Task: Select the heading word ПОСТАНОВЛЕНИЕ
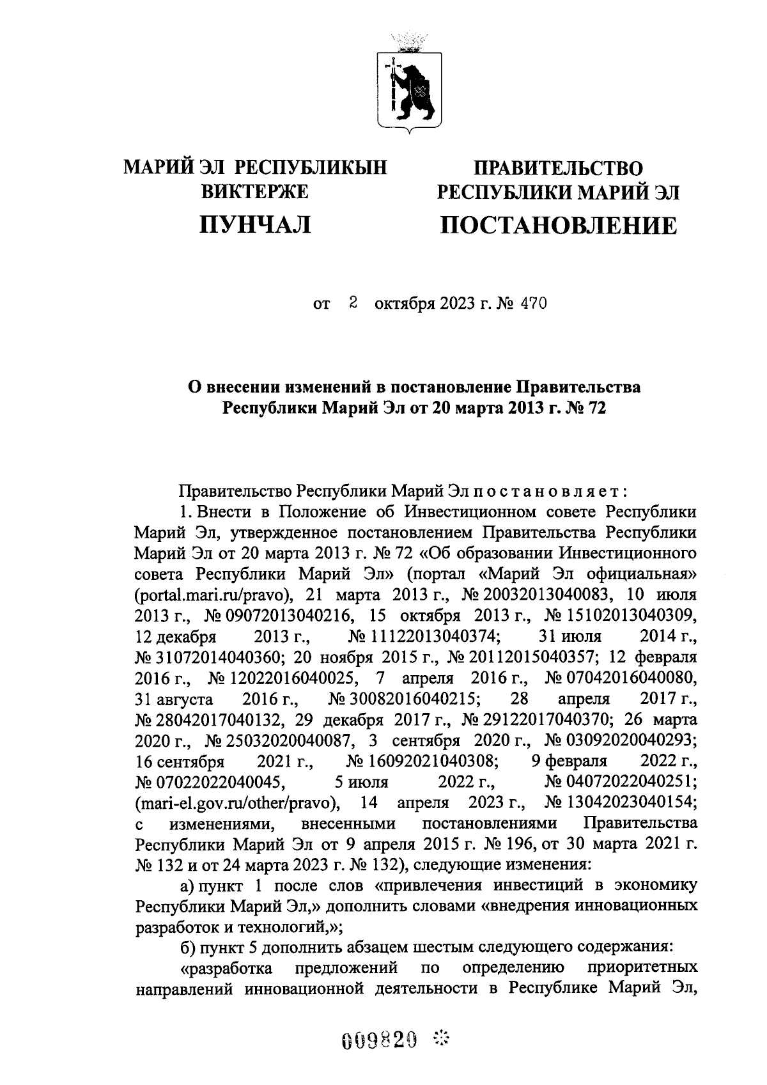pos(558,225)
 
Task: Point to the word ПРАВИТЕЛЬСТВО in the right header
pos(558,168)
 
